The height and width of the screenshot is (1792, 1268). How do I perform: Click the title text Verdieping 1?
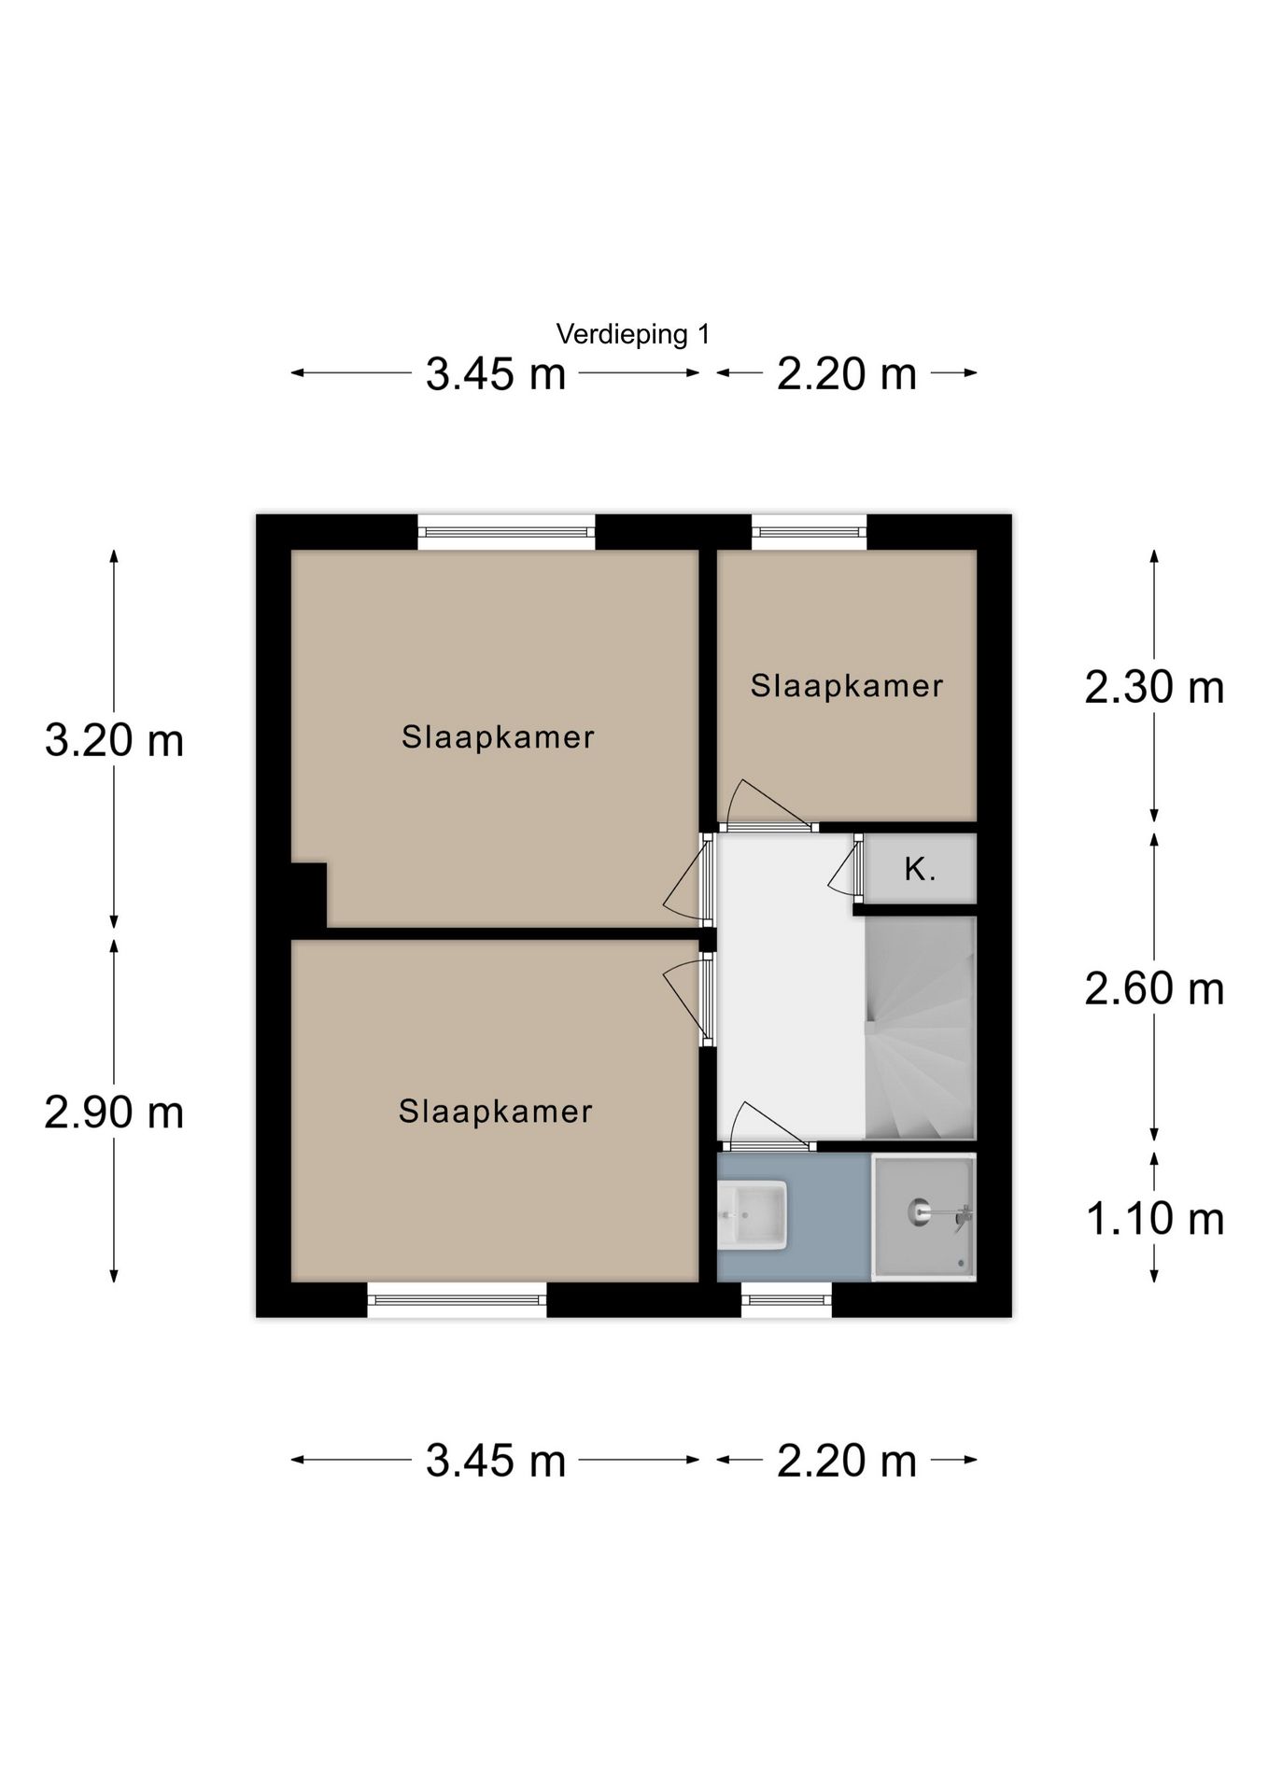coord(633,334)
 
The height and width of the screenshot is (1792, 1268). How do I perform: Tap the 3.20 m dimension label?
coord(114,741)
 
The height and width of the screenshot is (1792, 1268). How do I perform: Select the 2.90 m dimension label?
coord(114,1113)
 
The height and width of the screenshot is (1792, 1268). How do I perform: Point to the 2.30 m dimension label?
coord(1154,688)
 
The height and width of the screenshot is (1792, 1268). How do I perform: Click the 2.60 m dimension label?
coord(1154,988)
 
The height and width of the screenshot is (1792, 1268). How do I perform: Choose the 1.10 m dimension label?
coord(1155,1219)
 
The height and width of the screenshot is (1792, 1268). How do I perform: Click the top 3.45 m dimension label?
coord(496,374)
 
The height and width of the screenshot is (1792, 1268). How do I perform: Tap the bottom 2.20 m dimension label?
coord(847,1461)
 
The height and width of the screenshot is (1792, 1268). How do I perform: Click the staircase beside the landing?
coord(921,1028)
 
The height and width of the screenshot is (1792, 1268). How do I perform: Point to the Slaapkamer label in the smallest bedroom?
coord(847,686)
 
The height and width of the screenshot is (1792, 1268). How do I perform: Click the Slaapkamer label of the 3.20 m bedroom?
coord(498,737)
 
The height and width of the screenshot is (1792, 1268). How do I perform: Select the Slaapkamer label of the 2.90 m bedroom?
coord(496,1112)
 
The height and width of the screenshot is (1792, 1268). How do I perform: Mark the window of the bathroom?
coord(786,1299)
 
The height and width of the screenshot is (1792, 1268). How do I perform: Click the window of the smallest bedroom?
coord(810,532)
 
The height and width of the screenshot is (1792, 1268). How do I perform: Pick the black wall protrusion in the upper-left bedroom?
coord(308,895)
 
